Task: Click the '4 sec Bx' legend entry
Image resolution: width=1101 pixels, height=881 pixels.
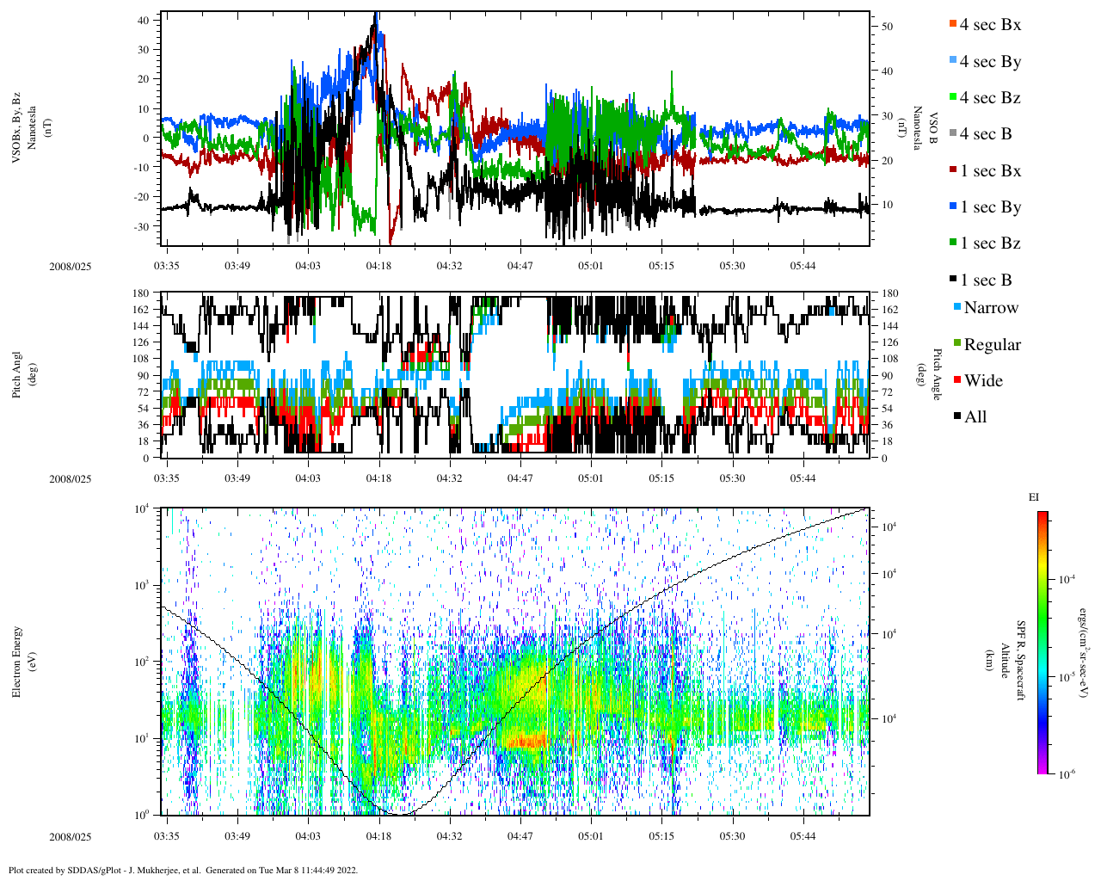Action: [990, 25]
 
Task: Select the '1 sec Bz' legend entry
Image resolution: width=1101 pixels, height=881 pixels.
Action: [990, 243]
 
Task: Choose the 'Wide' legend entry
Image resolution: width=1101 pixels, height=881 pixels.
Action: [983, 381]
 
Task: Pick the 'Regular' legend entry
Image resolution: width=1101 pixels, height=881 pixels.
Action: [992, 345]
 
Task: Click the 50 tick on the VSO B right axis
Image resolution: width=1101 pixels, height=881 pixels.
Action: [887, 27]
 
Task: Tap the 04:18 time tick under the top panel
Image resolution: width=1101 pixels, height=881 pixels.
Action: [378, 266]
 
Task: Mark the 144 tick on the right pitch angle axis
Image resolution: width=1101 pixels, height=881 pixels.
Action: [890, 326]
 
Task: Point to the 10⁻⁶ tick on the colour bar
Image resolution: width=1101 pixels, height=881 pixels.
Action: [1067, 774]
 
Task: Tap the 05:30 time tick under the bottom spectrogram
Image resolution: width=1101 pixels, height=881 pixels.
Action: [732, 835]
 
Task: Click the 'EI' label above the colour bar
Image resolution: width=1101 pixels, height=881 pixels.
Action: [1034, 496]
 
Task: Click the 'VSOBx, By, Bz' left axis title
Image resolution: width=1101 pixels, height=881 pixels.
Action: [17, 129]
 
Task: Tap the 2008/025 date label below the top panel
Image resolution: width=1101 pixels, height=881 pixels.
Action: [71, 267]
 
